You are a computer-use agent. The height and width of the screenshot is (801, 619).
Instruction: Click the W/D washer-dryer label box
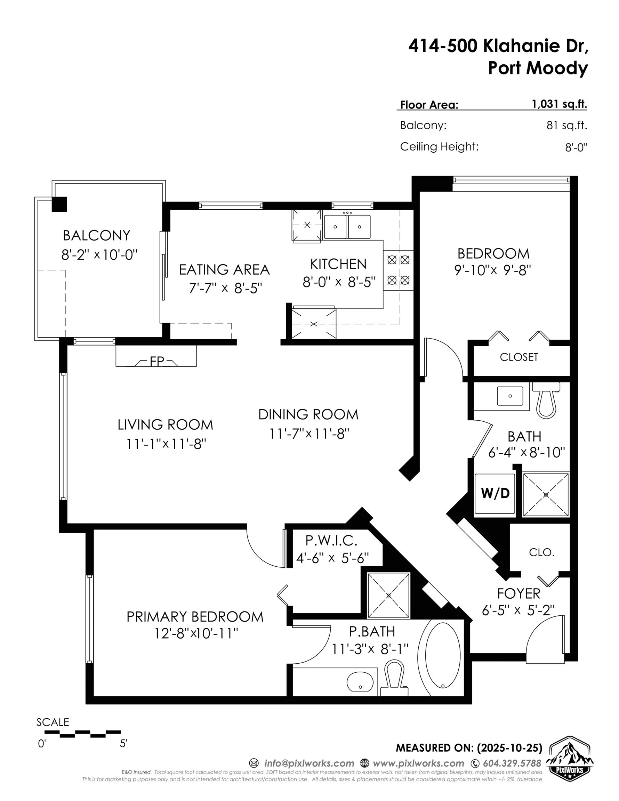(x=495, y=494)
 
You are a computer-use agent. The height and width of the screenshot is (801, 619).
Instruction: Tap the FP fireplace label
(x=157, y=361)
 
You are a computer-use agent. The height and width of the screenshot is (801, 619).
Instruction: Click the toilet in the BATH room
(x=546, y=400)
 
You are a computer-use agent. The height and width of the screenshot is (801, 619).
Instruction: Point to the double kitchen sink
(x=347, y=227)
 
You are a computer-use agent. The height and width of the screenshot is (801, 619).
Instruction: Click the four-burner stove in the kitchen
(x=398, y=270)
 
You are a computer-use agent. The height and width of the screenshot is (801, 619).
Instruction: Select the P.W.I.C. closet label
(x=331, y=540)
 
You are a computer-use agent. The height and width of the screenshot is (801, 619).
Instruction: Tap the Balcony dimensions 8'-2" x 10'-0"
(x=99, y=254)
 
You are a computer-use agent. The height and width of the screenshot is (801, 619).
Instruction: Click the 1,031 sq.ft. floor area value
(x=559, y=104)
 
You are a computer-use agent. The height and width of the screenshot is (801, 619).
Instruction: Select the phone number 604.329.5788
(x=512, y=763)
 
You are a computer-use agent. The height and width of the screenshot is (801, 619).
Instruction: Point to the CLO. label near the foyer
(x=541, y=552)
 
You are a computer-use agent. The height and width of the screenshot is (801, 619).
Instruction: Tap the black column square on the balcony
(x=59, y=204)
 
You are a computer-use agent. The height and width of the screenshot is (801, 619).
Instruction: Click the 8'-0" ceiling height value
(x=576, y=147)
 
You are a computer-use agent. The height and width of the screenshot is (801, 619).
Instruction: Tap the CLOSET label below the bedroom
(x=518, y=357)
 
